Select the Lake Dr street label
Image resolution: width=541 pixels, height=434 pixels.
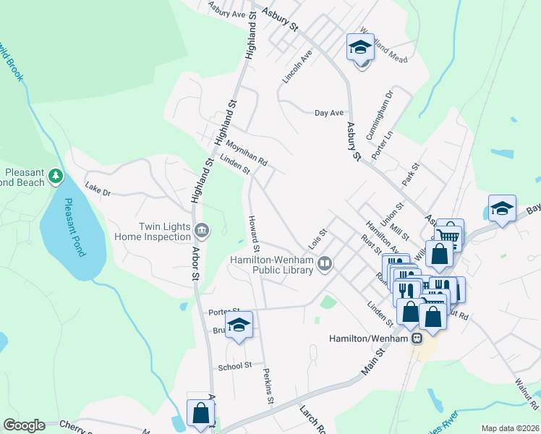coord(98,192)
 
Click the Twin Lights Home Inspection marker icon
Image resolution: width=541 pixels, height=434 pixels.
coord(202,231)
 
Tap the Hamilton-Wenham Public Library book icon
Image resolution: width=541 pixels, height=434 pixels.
coord(325,265)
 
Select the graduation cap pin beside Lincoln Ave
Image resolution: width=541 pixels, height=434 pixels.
coord(359,48)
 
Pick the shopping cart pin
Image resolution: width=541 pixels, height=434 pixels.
coord(449,234)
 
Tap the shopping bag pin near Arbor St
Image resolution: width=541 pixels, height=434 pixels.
coord(201,414)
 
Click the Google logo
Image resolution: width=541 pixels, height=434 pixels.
coord(23,425)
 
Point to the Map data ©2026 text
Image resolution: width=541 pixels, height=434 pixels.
coord(509,428)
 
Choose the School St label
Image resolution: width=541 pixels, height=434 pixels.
coord(234,367)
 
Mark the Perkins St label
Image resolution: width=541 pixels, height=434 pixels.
coord(268,389)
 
